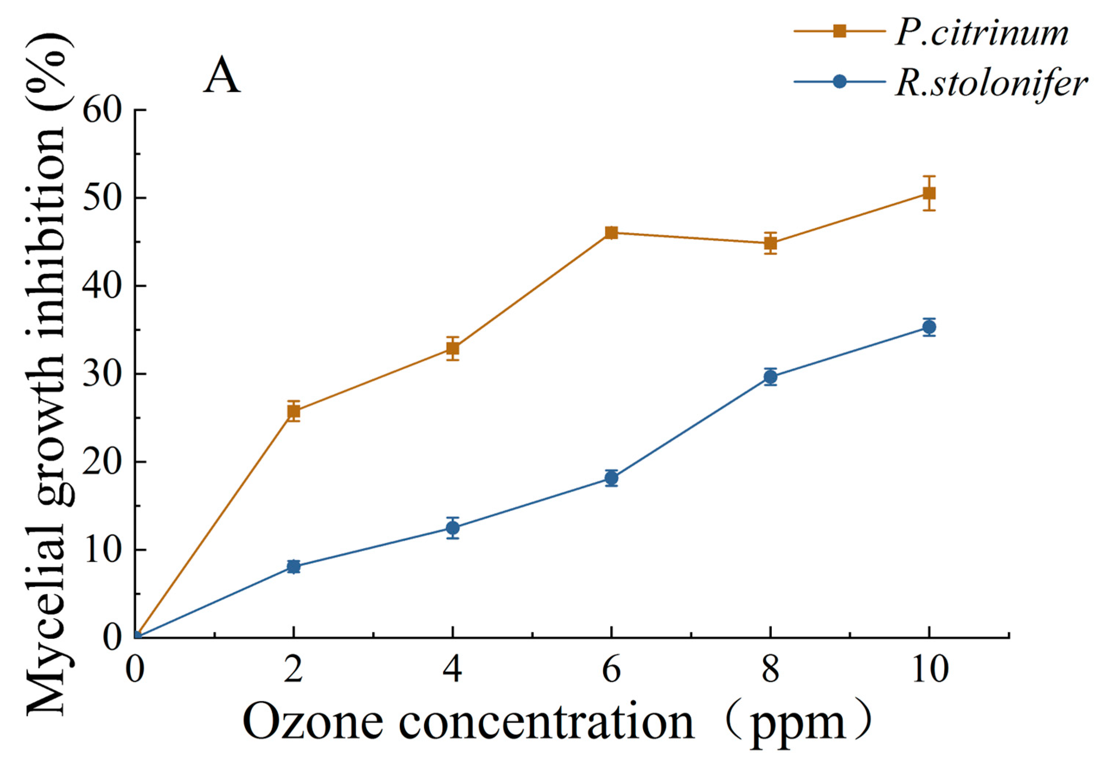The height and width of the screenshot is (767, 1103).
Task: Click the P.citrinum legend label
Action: [x=981, y=34]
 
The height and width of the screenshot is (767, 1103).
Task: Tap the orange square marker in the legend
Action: [x=839, y=31]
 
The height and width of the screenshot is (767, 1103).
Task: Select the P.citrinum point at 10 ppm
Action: [x=929, y=193]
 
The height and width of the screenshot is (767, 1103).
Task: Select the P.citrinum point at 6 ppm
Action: [x=611, y=233]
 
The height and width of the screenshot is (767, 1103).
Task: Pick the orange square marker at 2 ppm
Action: [x=294, y=411]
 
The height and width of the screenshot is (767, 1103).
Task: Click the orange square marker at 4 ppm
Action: [x=453, y=348]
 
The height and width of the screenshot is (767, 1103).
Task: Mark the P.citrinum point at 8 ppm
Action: [x=770, y=243]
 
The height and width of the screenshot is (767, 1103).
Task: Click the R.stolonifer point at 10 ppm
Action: [x=929, y=327]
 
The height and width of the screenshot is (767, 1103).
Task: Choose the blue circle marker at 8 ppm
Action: [x=770, y=377]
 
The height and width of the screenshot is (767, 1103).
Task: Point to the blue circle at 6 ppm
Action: [x=611, y=478]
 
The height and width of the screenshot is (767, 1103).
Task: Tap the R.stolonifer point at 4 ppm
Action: [x=453, y=528]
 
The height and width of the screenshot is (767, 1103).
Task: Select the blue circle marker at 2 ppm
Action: [x=294, y=566]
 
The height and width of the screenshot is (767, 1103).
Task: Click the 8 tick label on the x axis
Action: [x=770, y=670]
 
